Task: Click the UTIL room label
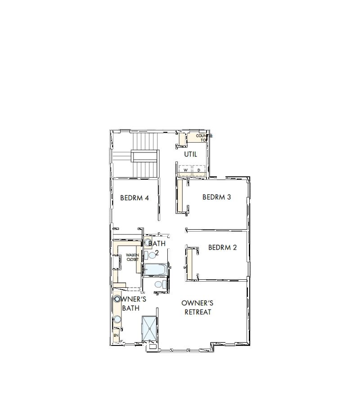[x=190, y=154]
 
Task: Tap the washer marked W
[x=185, y=170]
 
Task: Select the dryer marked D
[x=199, y=170]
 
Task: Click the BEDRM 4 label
[x=134, y=197]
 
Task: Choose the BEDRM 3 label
[x=216, y=197]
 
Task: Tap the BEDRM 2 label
[x=222, y=247]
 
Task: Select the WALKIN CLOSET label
[x=132, y=257]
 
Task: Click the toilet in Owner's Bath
[x=158, y=284]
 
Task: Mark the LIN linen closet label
[x=116, y=336]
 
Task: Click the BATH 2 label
[x=157, y=247]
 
